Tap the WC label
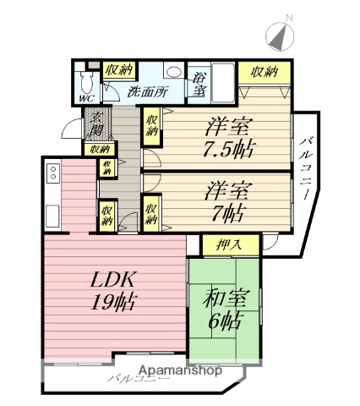[x=85, y=97]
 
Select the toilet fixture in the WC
[x=85, y=80]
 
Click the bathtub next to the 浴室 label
[x=221, y=83]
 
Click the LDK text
[x=110, y=279]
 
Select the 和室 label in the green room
[x=224, y=299]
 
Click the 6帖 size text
[x=225, y=321]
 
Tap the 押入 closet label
[x=223, y=245]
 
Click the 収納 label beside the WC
[x=117, y=70]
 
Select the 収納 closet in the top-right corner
[x=259, y=72]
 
